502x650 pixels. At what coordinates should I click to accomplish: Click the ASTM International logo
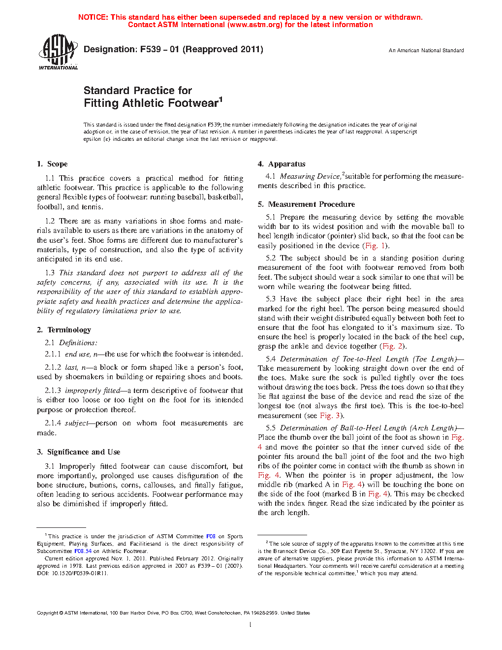[58, 52]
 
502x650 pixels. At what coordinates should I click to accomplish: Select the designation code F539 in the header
[151, 49]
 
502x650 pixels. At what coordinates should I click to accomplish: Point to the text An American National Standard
[426, 50]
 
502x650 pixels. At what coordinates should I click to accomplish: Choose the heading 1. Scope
[52, 164]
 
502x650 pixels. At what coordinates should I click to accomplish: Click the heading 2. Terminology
[64, 330]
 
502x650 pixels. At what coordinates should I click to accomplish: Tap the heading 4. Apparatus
[282, 164]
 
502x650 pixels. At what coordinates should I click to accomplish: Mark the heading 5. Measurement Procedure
[306, 204]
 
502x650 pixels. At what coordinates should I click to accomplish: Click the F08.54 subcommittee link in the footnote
[83, 551]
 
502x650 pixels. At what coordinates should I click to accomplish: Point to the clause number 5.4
[271, 359]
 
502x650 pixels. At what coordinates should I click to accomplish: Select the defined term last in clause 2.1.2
[71, 367]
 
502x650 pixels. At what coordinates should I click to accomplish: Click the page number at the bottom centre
[251, 625]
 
